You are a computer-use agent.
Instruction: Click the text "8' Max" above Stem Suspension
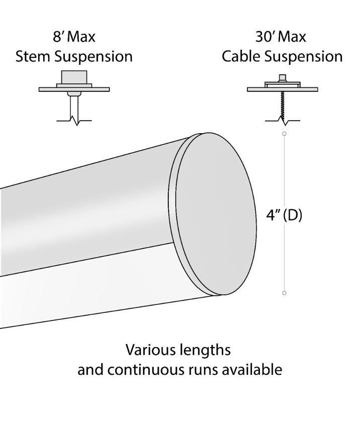[x=74, y=37]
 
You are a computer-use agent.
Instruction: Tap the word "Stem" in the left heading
[x=33, y=56]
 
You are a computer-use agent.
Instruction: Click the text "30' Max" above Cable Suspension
[x=281, y=37]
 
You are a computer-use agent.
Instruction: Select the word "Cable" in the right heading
[x=241, y=56]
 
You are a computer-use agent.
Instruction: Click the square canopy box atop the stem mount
[x=74, y=77]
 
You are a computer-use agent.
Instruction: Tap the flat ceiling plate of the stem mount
[x=74, y=89]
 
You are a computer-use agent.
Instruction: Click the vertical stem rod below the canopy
[x=74, y=108]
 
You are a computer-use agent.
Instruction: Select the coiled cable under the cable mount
[x=283, y=104]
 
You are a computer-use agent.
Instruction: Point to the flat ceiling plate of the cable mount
[x=283, y=89]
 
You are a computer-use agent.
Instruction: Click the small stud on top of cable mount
[x=283, y=77]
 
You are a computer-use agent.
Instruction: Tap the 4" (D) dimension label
[x=284, y=215]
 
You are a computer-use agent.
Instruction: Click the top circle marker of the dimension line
[x=284, y=134]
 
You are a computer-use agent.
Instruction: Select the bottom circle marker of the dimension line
[x=284, y=293]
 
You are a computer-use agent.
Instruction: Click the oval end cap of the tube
[x=216, y=214]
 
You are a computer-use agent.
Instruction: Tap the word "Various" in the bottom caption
[x=150, y=350]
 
